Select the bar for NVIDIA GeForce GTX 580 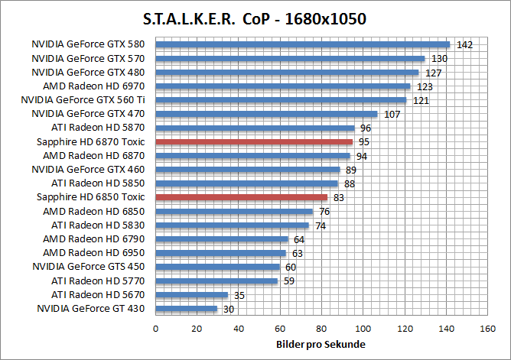tap(302, 44)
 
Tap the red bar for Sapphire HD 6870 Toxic tap(254, 141)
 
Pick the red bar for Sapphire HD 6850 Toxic tap(241, 197)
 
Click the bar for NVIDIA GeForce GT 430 tap(187, 309)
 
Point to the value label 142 tap(464, 45)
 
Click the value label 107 tap(392, 115)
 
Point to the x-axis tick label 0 tap(156, 329)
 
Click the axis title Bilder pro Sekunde tap(321, 345)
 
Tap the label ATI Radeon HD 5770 tap(98, 281)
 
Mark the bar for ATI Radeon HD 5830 tap(232, 225)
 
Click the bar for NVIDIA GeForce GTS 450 tap(217, 267)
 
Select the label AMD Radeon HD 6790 tap(94, 239)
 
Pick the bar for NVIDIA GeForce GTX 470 tap(266, 114)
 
